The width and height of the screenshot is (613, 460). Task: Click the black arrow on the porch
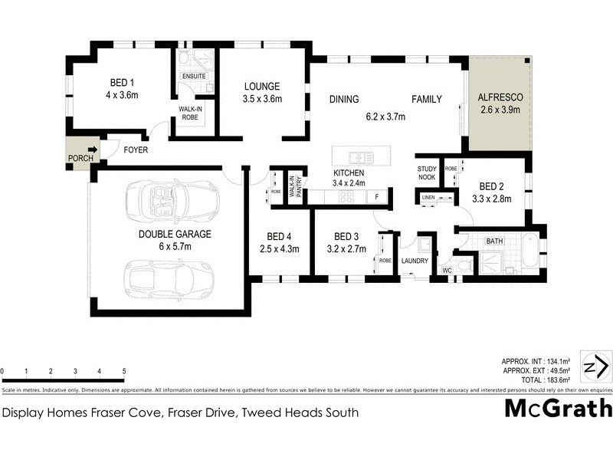pos(93,150)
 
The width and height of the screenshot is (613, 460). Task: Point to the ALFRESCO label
pos(499,98)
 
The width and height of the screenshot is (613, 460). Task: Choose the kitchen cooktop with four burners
pos(346,196)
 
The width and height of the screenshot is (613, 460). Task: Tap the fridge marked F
pos(377,196)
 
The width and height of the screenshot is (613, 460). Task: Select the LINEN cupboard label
pos(428,199)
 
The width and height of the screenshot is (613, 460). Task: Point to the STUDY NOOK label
pos(427,172)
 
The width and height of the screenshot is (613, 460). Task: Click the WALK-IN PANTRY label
pos(295,189)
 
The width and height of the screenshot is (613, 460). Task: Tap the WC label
pos(447,271)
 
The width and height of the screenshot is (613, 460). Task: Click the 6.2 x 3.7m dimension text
pos(385,117)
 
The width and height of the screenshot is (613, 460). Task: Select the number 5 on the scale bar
pos(124,372)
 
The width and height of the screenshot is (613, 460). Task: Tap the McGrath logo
pos(557,408)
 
